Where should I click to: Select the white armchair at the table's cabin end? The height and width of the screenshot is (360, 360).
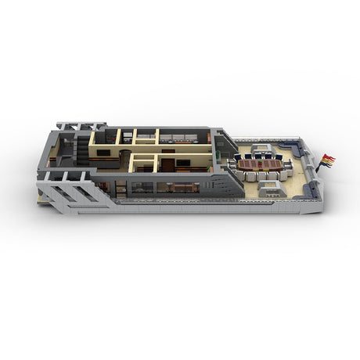[232, 165]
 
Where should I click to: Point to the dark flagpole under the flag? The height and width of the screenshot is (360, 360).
[319, 167]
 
